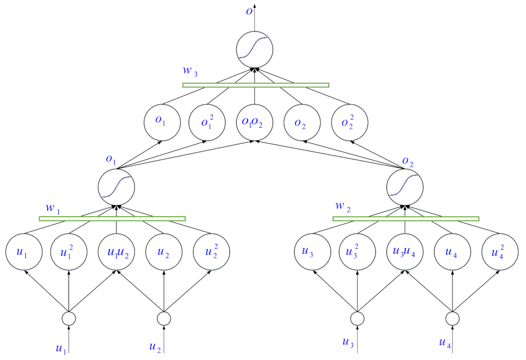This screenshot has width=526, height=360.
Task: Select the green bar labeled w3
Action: pyautogui.click(x=256, y=85)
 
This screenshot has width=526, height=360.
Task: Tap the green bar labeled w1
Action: pyautogui.click(x=112, y=219)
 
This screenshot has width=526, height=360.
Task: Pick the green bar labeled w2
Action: pyautogui.click(x=405, y=219)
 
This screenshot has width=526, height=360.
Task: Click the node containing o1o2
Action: pyautogui.click(x=254, y=122)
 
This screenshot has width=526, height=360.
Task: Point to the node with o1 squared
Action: pyautogui.click(x=207, y=122)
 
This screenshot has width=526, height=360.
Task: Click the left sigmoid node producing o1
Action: pyautogui.click(x=116, y=187)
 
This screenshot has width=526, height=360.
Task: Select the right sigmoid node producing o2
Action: pyautogui.click(x=405, y=187)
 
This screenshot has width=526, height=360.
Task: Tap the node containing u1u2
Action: pyautogui.click(x=116, y=252)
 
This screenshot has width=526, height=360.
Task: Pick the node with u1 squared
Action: pyautogui.click(x=69, y=252)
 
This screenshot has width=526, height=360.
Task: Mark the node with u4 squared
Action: pyautogui.click(x=499, y=252)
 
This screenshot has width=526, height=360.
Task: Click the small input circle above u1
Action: pyautogui.click(x=69, y=319)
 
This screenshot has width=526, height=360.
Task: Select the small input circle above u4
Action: pyautogui.click(x=452, y=319)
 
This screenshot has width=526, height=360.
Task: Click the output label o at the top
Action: pyautogui.click(x=249, y=11)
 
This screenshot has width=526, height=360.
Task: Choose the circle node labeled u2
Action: pyautogui.click(x=164, y=252)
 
